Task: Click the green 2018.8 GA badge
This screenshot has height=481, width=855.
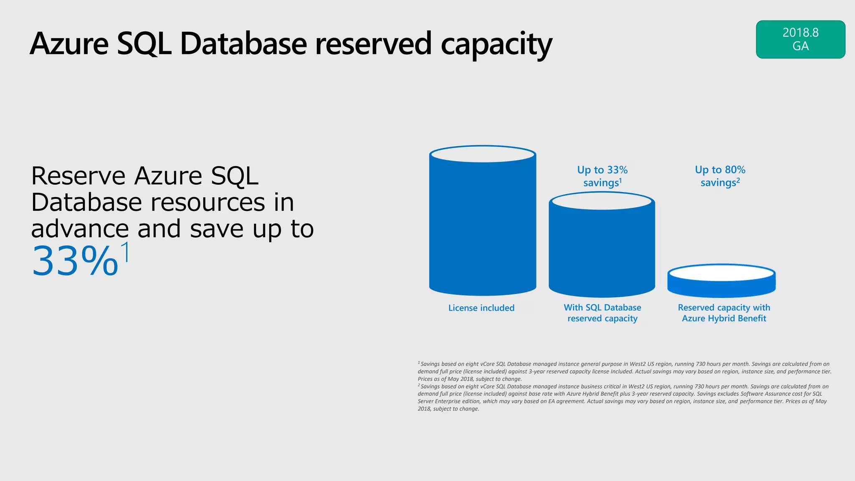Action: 800,39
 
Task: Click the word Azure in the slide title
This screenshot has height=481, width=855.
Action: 69,44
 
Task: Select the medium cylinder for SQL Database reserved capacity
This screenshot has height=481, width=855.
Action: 602,251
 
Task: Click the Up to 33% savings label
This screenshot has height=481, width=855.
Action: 602,176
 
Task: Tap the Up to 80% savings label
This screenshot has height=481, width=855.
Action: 720,176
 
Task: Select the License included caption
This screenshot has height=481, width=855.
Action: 481,308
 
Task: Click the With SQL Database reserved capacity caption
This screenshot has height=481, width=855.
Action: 602,313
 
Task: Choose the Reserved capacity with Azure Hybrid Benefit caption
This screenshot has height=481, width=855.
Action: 724,313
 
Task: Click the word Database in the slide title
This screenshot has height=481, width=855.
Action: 243,44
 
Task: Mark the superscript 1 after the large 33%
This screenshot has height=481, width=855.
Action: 125,252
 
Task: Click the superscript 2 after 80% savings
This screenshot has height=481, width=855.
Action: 738,180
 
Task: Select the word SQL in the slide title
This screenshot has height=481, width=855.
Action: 144,44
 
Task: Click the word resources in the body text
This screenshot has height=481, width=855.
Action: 207,203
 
